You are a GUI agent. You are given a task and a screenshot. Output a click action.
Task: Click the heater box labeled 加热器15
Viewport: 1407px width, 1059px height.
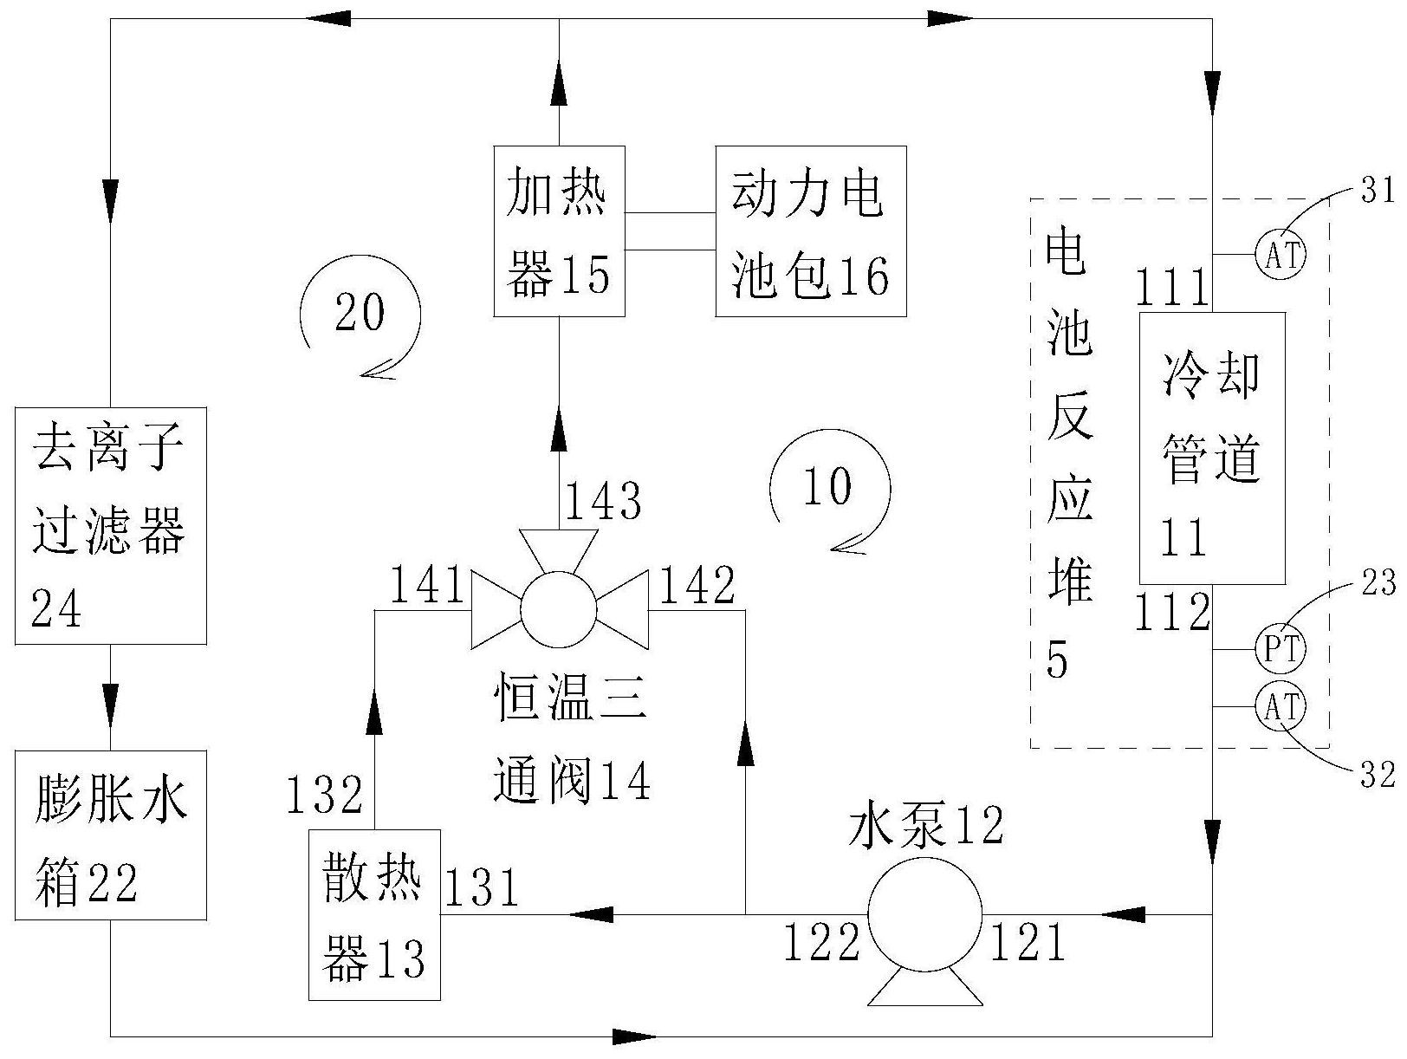click(559, 231)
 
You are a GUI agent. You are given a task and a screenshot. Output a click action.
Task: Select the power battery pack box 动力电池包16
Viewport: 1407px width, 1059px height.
click(811, 231)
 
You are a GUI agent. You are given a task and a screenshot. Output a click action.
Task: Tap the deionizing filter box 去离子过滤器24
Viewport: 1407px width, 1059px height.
click(111, 525)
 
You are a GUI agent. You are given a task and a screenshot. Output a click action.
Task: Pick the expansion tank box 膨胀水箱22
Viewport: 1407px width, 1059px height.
click(111, 835)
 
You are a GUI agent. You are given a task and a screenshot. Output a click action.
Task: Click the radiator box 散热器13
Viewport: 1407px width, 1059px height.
click(374, 914)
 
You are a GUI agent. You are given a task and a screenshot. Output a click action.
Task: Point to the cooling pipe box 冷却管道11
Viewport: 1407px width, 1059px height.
click(1212, 448)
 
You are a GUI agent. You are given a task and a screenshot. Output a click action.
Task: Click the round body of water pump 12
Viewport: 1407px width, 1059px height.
click(924, 914)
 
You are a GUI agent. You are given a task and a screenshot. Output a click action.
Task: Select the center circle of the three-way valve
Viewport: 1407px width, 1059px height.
click(558, 610)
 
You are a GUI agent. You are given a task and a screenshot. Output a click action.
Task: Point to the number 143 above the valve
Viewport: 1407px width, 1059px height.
click(602, 500)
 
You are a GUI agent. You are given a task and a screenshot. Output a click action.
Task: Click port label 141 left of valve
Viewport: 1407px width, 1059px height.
click(427, 584)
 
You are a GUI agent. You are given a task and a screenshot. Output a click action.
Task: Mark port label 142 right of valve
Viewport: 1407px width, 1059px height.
click(697, 585)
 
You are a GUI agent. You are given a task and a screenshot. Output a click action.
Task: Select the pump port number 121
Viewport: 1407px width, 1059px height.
click(1028, 941)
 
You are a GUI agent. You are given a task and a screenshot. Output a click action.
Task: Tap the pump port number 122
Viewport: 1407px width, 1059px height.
click(822, 941)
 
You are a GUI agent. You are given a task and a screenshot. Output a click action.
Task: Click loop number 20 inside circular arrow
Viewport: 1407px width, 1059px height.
click(360, 312)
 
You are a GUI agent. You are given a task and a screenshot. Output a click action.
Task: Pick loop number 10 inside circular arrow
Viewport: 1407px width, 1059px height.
click(827, 485)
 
